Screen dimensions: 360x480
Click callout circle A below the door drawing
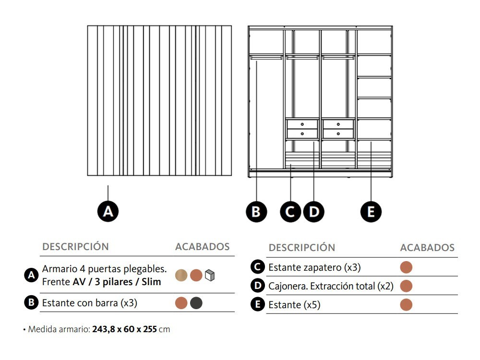pyautogui.click(x=108, y=211)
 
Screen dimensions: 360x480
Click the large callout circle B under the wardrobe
pyautogui.click(x=256, y=212)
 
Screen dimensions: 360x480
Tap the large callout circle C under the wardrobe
pyautogui.click(x=291, y=212)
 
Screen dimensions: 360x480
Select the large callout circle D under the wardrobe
pyautogui.click(x=313, y=212)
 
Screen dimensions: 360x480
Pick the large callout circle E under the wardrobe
pyautogui.click(x=371, y=212)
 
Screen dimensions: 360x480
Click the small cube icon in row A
pyautogui.click(x=210, y=276)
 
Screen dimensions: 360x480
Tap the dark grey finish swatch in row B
pyautogui.click(x=196, y=303)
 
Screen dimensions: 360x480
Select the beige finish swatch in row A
pyautogui.click(x=181, y=276)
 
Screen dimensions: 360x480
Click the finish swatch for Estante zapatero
pyautogui.click(x=406, y=267)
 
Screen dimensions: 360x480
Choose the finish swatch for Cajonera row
pyautogui.click(x=406, y=286)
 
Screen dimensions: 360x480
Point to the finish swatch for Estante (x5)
pyautogui.click(x=406, y=305)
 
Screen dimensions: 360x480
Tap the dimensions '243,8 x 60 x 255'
pyautogui.click(x=125, y=330)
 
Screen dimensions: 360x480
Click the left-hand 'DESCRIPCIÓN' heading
pyautogui.click(x=76, y=247)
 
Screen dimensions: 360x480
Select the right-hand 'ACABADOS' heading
pyautogui.click(x=427, y=248)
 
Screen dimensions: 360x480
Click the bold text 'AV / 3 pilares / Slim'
pyautogui.click(x=117, y=282)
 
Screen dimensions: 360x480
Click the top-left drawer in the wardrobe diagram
pyautogui.click(x=302, y=124)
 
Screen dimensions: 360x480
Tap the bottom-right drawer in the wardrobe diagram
pyautogui.click(x=338, y=133)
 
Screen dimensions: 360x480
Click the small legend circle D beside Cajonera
pyautogui.click(x=258, y=286)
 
